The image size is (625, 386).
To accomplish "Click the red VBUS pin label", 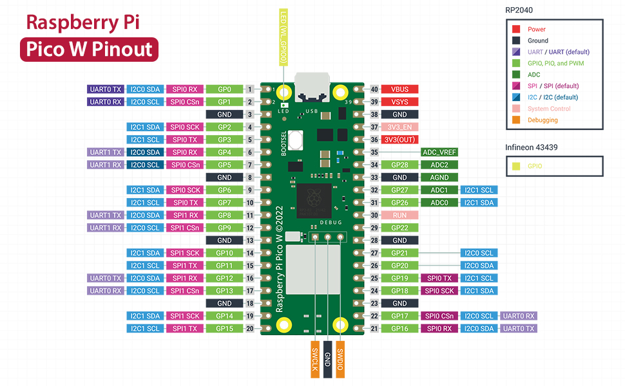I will point(399,89).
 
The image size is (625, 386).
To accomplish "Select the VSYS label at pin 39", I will point(399,102).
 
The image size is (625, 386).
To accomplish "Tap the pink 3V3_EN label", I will point(399,127).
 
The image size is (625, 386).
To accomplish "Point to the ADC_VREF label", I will point(439,152).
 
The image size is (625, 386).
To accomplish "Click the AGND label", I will point(439,178).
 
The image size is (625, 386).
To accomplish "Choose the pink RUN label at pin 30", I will point(399,215).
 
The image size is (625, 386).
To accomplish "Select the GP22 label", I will point(399,228).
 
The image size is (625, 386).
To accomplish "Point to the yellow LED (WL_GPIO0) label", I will point(284,37).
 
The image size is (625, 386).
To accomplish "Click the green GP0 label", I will point(224,89).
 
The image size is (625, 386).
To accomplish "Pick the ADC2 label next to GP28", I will point(439,165).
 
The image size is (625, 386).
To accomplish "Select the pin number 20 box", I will point(249,329).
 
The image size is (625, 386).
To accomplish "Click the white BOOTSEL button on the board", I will point(296,138).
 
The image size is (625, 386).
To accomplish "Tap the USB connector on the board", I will point(312,87).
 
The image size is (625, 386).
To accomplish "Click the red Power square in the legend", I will point(516,29).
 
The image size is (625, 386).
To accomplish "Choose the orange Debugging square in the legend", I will point(516,120).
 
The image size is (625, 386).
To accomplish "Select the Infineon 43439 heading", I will point(532,147).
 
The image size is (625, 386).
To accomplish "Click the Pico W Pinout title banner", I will point(89,50).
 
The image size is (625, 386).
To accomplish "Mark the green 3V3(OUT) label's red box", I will point(399,140).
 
